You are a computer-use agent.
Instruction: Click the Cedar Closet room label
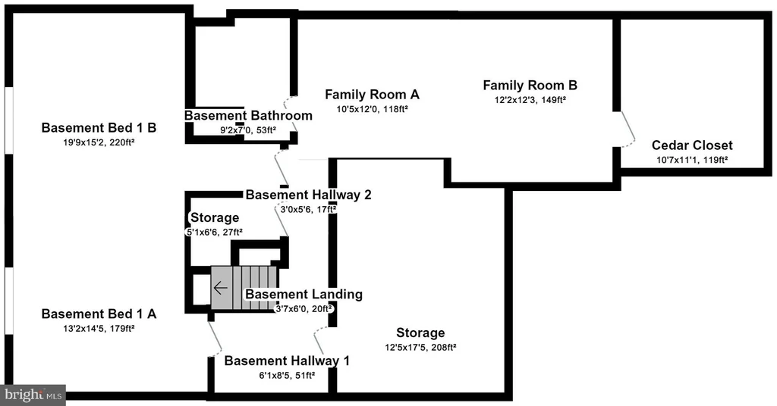tap(692, 145)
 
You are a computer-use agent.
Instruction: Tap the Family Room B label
tap(530, 86)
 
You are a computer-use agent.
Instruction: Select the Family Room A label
tap(372, 95)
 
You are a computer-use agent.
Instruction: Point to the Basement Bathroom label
tap(248, 116)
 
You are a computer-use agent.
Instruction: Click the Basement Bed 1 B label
tap(99, 128)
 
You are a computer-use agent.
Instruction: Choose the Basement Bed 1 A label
tap(99, 314)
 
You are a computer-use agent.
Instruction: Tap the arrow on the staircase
tap(221, 288)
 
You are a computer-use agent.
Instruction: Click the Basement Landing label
tap(304, 294)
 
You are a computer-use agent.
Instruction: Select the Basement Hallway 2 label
tap(308, 195)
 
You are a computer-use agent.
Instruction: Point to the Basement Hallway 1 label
tap(287, 361)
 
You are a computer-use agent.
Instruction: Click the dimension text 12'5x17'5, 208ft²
tap(420, 347)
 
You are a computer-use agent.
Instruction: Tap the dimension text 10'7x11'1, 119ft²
tap(692, 160)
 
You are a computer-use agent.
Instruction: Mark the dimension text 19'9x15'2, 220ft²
tap(99, 142)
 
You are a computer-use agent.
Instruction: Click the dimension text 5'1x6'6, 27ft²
tap(214, 232)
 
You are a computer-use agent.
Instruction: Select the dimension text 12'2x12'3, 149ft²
tap(530, 100)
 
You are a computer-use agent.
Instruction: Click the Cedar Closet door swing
tap(628, 129)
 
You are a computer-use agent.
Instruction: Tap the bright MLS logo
tap(33, 395)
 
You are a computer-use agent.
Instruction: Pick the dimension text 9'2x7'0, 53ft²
tap(248, 130)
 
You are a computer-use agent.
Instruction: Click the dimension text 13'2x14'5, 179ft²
tap(99, 329)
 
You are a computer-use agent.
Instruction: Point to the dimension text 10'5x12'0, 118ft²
tap(372, 109)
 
